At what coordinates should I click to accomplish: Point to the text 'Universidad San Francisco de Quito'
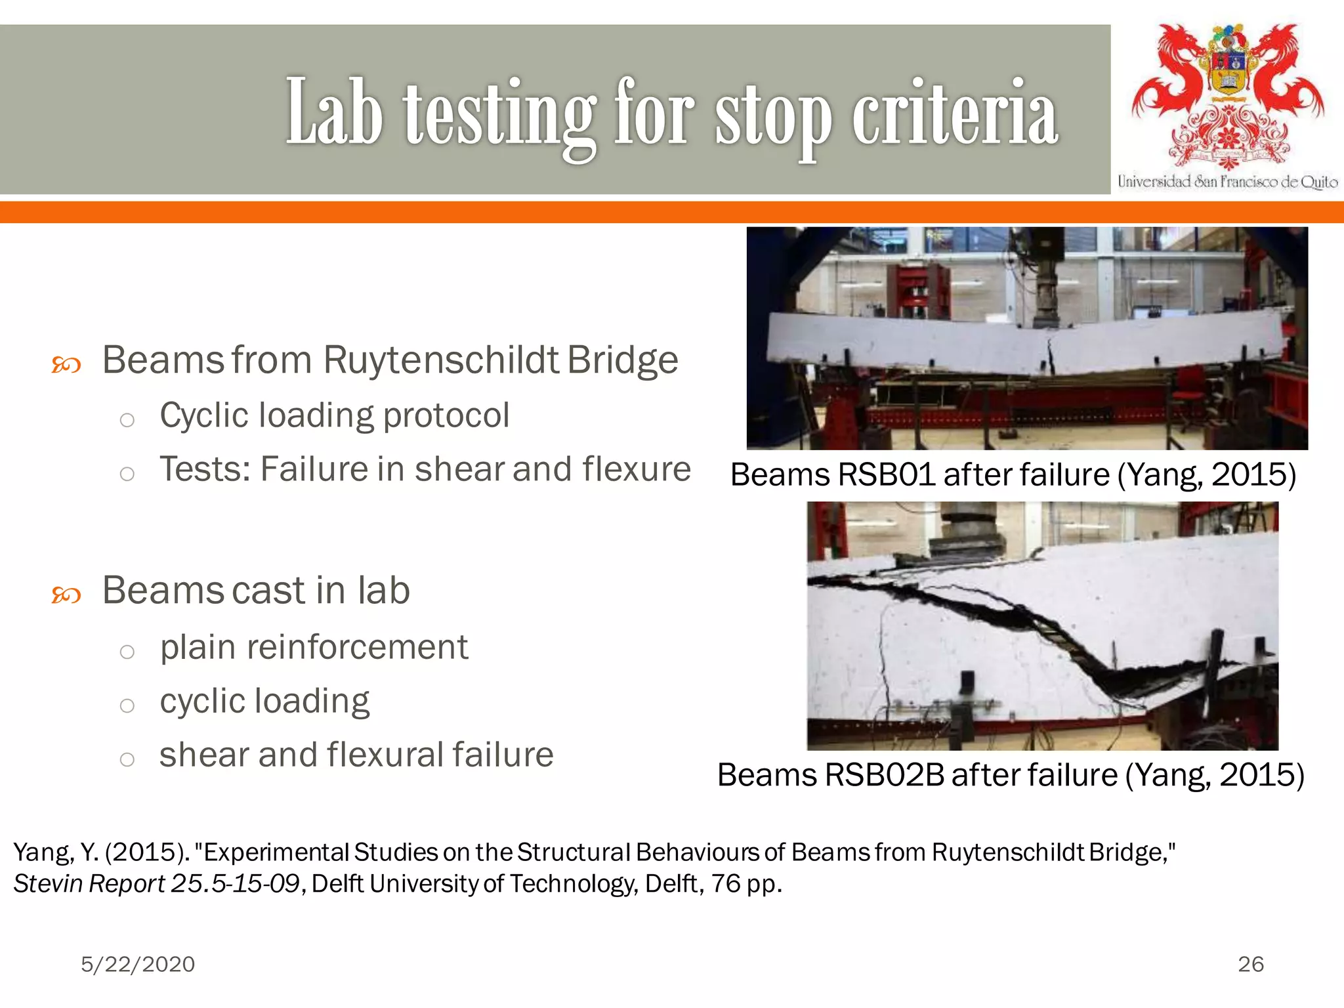click(x=1227, y=182)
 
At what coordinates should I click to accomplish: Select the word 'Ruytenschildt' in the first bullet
click(x=441, y=360)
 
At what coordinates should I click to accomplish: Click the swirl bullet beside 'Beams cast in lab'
click(x=66, y=595)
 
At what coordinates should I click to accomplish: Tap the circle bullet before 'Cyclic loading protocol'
click(x=127, y=420)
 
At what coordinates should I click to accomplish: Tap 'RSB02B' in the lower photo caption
click(x=884, y=775)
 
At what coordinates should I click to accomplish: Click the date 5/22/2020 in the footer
click(x=138, y=964)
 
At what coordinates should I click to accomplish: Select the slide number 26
click(x=1251, y=964)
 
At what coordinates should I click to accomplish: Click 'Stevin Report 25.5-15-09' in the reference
click(x=157, y=884)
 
